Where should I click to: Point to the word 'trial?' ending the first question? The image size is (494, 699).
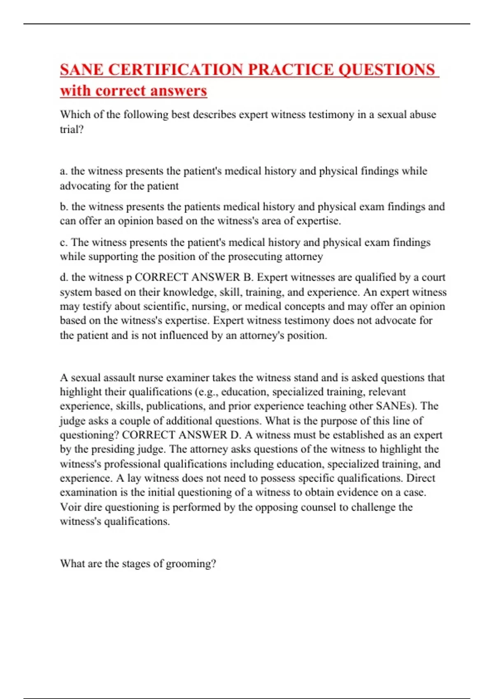[x=72, y=130]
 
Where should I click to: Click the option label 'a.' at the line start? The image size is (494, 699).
[x=64, y=171]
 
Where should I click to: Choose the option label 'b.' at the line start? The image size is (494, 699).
[x=64, y=206]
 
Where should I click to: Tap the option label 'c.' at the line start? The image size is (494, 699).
[x=64, y=242]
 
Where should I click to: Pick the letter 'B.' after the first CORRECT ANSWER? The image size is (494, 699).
[x=248, y=278]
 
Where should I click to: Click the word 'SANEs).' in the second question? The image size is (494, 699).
[x=396, y=406]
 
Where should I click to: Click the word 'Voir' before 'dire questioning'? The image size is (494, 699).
[x=70, y=507]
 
